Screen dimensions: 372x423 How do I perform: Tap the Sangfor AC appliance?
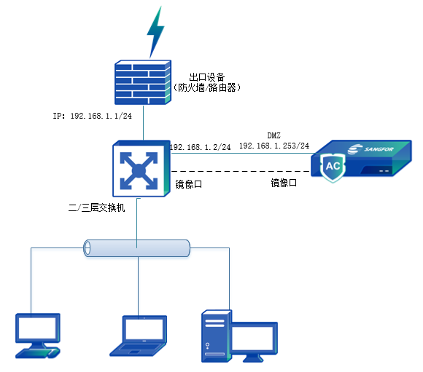click(362, 161)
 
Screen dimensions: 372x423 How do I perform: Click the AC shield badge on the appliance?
click(333, 167)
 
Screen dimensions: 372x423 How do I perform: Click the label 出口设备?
click(206, 77)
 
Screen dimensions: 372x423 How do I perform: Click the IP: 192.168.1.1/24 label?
click(91, 116)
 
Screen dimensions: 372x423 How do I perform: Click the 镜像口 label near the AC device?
click(284, 183)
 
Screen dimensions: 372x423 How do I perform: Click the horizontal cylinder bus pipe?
click(136, 248)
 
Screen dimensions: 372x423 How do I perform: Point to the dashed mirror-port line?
click(241, 172)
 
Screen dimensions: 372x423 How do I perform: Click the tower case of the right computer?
click(217, 335)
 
